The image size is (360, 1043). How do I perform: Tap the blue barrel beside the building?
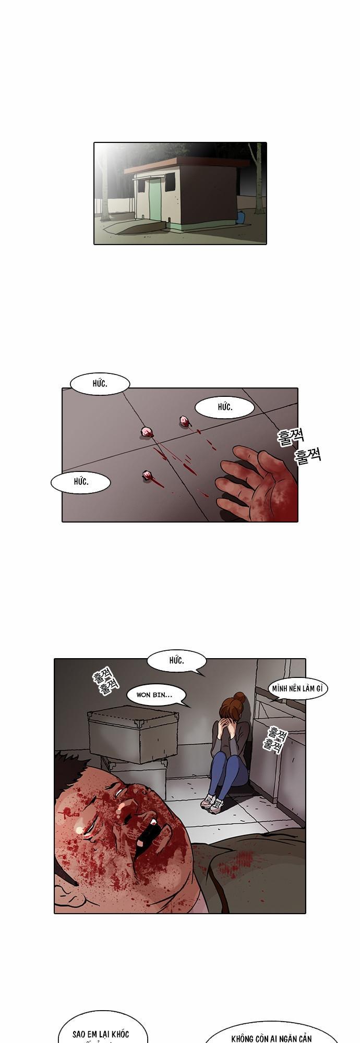pos(241,217)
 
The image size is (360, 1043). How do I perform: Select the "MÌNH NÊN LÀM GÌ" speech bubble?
pos(297,689)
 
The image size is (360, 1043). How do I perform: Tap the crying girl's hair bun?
pos(239,697)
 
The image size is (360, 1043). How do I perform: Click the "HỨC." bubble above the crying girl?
pos(176,661)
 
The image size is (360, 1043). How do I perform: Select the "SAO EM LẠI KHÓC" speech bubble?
pos(101,1033)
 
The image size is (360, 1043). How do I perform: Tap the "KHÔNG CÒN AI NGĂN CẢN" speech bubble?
pos(264,1035)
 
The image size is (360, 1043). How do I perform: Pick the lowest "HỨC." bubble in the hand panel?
pos(81,482)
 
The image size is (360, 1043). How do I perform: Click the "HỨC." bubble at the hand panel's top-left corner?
pos(100,384)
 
